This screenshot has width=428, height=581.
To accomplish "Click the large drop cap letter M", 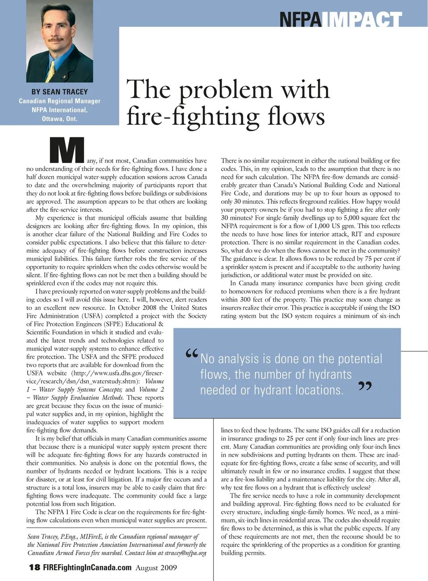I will point(67,150).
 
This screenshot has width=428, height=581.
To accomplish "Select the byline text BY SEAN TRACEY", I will point(59,91).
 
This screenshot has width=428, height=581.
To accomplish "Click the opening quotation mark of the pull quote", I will point(192,355).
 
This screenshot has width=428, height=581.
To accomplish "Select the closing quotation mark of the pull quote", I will point(365,386).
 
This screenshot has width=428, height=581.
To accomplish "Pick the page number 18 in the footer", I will point(34,568).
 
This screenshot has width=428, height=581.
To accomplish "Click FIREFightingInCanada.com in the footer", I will point(87,568).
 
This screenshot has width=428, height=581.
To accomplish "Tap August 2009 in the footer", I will point(156,568).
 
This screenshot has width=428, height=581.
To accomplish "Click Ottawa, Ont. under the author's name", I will point(59,119).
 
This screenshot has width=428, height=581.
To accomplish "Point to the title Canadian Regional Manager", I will point(59,101).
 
